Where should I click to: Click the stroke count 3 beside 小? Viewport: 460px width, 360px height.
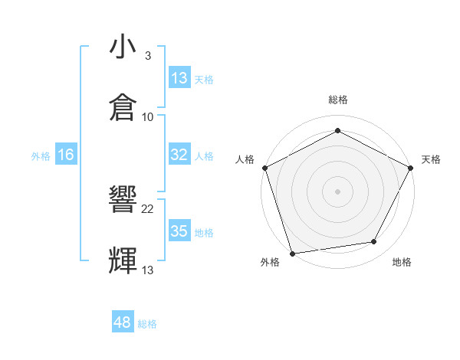148,56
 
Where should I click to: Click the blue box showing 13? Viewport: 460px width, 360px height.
179,77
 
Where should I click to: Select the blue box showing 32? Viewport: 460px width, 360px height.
179,155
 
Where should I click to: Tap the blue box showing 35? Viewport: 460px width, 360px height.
179,231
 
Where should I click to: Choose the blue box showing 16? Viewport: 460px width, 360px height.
66,155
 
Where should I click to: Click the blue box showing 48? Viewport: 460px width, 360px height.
123,323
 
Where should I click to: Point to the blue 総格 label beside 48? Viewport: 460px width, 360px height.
147,324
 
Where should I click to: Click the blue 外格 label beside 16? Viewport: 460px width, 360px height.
41,155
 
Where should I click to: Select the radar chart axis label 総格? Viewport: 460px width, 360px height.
338,100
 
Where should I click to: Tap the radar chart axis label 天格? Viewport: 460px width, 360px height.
431,159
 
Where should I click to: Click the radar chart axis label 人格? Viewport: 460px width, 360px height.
245,159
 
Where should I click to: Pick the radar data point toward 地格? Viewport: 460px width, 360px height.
374,242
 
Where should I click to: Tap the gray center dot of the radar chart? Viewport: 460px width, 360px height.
338,191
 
